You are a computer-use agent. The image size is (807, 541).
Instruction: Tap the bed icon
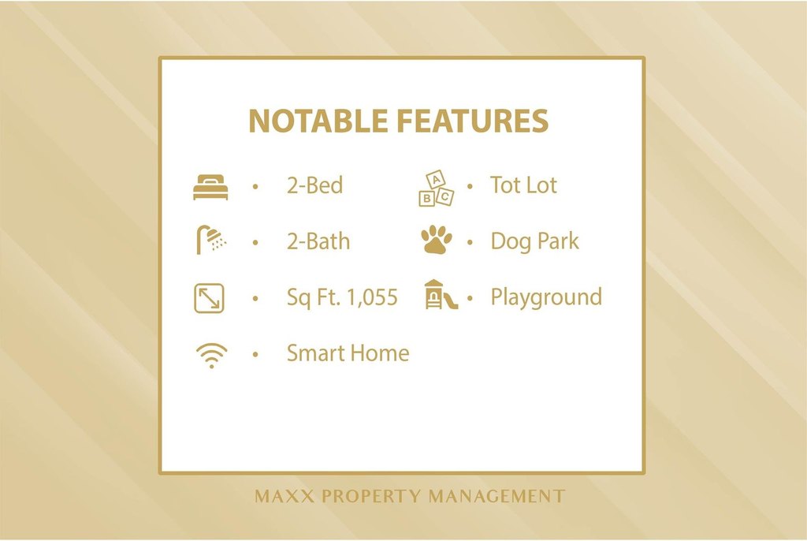pyautogui.click(x=210, y=187)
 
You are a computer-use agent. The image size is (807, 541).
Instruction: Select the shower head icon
pyautogui.click(x=211, y=239)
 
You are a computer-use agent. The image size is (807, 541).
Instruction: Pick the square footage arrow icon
pyautogui.click(x=209, y=298)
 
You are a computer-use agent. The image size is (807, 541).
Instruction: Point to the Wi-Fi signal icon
pyautogui.click(x=211, y=356)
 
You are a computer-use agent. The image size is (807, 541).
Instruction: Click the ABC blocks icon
pyautogui.click(x=437, y=188)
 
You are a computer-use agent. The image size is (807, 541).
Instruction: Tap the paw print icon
pyautogui.click(x=437, y=240)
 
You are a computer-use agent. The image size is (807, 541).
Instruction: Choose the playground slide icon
pyautogui.click(x=441, y=295)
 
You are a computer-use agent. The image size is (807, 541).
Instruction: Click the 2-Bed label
pyautogui.click(x=315, y=185)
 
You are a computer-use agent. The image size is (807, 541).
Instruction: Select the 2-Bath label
pyautogui.click(x=318, y=241)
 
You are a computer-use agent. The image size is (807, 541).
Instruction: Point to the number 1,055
pyautogui.click(x=373, y=298)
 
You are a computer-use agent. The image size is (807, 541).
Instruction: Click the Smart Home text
pyautogui.click(x=348, y=353)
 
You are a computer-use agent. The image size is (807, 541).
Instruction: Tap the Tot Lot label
pyautogui.click(x=523, y=185)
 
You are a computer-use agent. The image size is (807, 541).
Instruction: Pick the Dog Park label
pyautogui.click(x=535, y=241)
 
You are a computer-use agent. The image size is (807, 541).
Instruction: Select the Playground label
pyautogui.click(x=546, y=297)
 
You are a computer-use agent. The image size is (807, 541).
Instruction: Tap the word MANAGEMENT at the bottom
pyautogui.click(x=497, y=496)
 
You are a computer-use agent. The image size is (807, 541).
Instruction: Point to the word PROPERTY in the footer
pyautogui.click(x=371, y=496)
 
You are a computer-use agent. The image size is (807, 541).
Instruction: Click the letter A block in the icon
pyautogui.click(x=437, y=180)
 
